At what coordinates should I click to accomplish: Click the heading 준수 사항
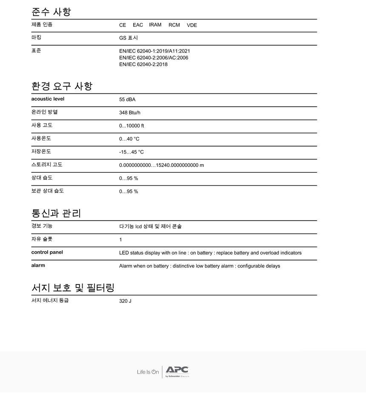[51, 12]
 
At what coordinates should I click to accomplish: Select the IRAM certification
[155, 25]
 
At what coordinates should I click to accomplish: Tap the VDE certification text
[192, 25]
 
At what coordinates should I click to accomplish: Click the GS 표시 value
[129, 38]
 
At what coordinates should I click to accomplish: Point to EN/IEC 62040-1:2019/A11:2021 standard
[154, 51]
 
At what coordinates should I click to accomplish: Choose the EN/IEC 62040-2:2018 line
[143, 64]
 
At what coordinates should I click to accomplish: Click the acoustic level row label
[48, 99]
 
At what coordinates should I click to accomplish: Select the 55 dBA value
[127, 99]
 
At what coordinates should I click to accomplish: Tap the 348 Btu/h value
[129, 113]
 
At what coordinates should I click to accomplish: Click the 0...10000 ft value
[132, 126]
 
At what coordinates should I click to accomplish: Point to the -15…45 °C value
[131, 152]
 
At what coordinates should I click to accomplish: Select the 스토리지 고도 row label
[47, 165]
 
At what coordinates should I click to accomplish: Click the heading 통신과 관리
[56, 213]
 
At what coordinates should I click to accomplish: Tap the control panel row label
[47, 252]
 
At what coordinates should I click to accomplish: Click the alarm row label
[38, 265]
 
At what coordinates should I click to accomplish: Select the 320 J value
[125, 301]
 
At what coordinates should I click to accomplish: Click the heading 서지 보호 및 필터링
[73, 288]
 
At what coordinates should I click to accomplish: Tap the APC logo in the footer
[177, 371]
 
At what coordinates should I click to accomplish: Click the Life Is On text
[148, 372]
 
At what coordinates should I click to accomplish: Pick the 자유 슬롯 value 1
[120, 240]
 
